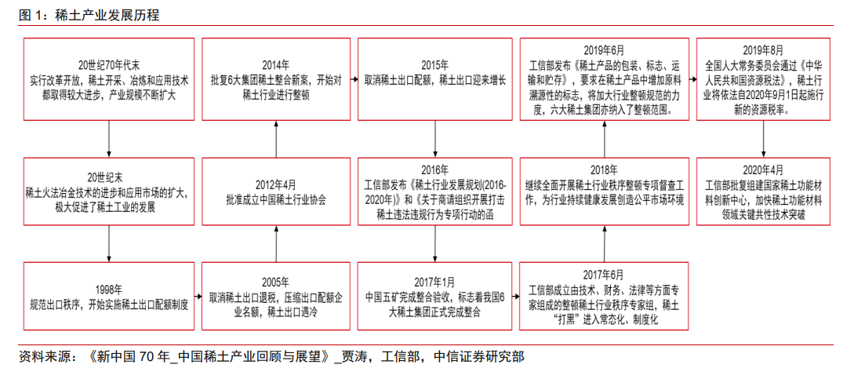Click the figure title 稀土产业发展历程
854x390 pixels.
pos(107,15)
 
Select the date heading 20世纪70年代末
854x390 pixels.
pos(109,64)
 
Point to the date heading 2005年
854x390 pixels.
pos(275,282)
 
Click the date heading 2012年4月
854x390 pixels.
pos(275,184)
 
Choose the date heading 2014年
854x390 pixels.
pos(275,64)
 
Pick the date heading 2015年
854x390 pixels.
pos(435,64)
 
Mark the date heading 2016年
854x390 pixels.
pos(435,169)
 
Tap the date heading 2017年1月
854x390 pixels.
pos(435,282)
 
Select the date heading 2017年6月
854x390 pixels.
pos(604,274)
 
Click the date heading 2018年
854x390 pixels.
pos(604,169)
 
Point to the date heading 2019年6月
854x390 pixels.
pos(604,49)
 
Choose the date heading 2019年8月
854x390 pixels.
pos(763,49)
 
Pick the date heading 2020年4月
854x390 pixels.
pos(763,169)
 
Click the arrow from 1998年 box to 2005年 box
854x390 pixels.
pos(198,297)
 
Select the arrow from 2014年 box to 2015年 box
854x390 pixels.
pos(354,79)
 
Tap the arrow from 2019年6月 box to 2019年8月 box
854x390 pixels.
pos(692,79)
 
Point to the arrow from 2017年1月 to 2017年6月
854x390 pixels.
pos(516,297)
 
